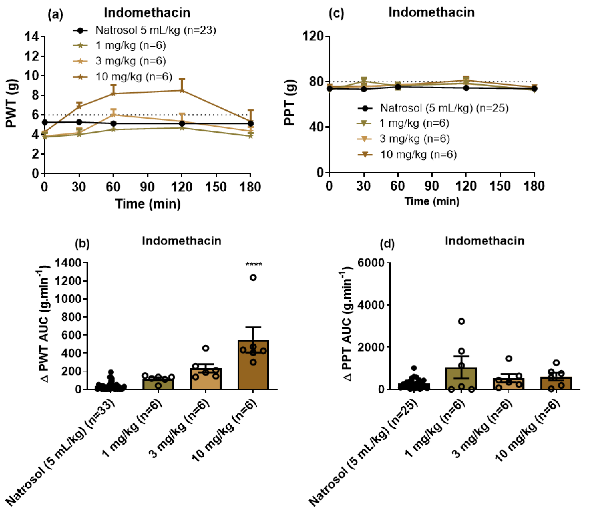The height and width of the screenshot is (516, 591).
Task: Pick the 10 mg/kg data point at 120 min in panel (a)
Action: (182, 90)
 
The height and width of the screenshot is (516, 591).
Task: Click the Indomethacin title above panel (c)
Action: (431, 12)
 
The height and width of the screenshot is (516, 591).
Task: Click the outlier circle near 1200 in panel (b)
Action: (253, 278)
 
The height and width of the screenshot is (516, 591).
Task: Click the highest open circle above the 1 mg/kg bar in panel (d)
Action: (461, 322)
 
